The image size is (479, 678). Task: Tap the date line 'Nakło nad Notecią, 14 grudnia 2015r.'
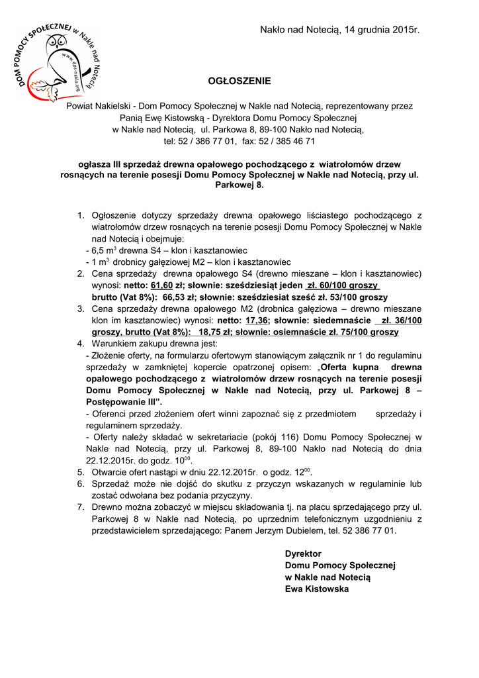(x=340, y=30)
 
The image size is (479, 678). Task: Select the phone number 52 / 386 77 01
(x=210, y=141)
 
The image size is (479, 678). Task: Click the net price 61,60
(x=162, y=285)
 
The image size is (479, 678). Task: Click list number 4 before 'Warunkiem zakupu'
(x=81, y=344)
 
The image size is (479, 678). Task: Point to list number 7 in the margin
(x=81, y=507)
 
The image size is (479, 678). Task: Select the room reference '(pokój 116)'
(x=278, y=437)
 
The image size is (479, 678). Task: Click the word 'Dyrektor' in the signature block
(x=303, y=554)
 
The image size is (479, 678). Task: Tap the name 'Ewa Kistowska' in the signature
(x=316, y=589)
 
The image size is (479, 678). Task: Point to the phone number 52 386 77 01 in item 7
(x=367, y=530)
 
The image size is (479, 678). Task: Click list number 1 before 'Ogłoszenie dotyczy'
(x=81, y=216)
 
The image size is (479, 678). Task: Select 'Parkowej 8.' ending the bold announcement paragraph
(x=239, y=186)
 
